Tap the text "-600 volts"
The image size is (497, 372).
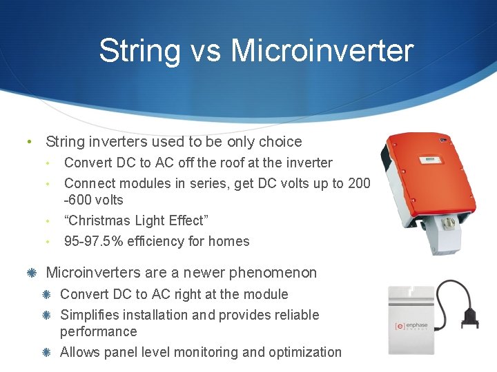pyautogui.click(x=94, y=200)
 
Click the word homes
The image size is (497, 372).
pyautogui.click(x=231, y=241)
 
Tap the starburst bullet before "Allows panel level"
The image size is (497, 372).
pyautogui.click(x=46, y=352)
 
